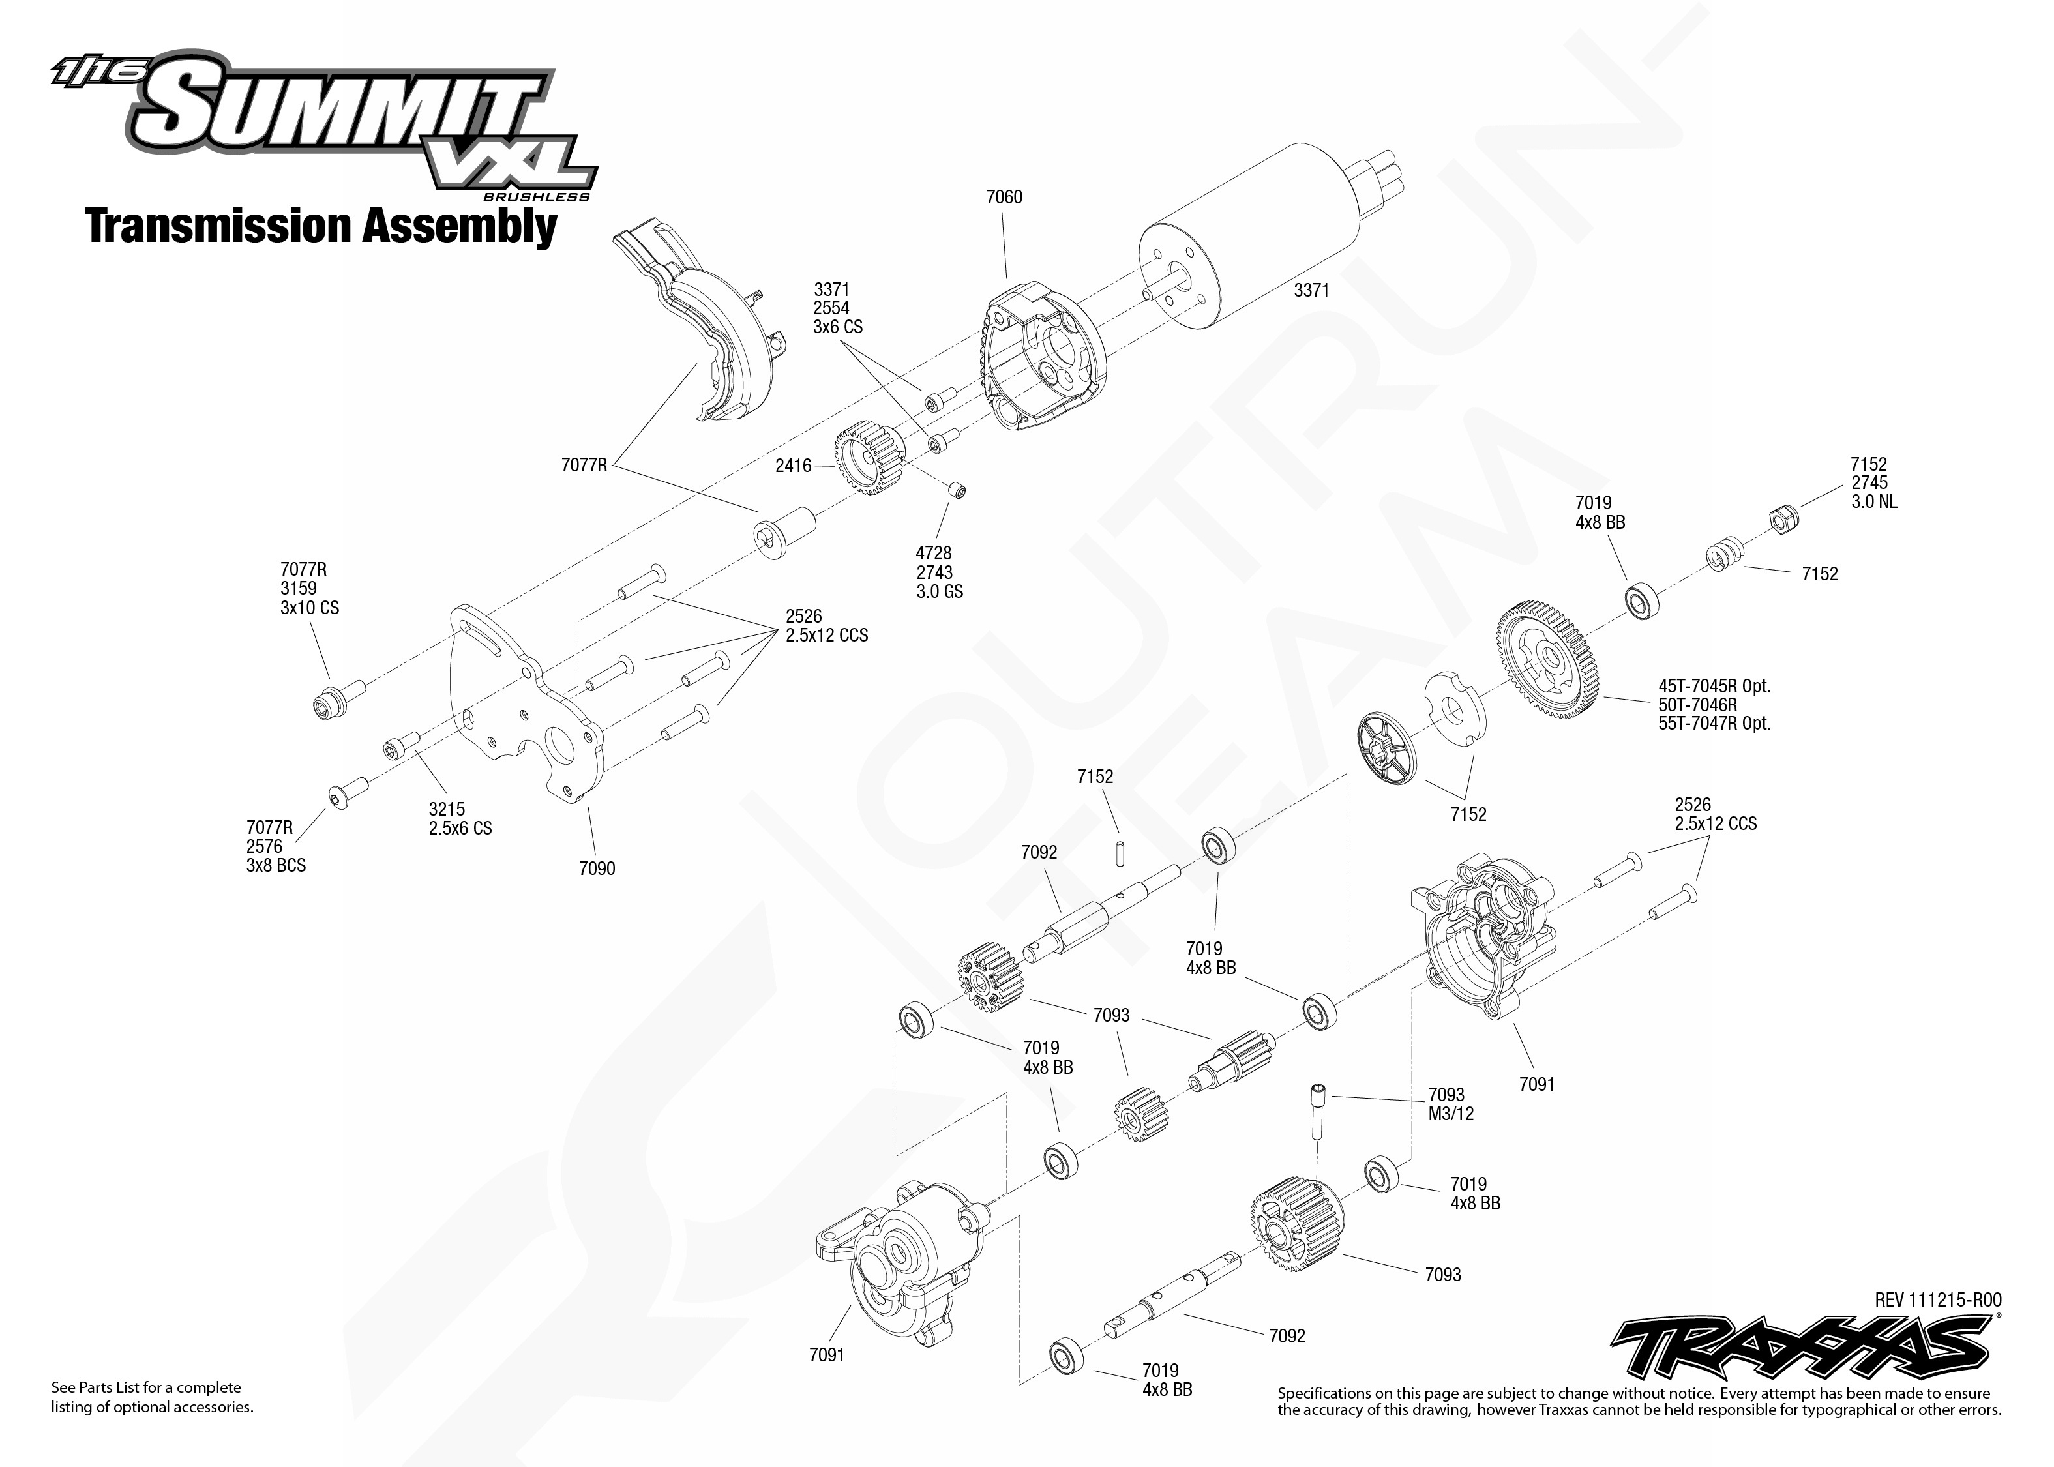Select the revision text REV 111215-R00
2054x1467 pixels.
click(x=1937, y=1300)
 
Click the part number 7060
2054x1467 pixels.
click(x=1004, y=197)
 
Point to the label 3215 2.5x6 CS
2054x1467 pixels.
click(x=460, y=818)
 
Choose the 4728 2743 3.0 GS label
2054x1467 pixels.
click(x=940, y=572)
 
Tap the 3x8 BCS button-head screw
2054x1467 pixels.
click(x=348, y=792)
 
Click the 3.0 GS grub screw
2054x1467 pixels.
click(x=957, y=490)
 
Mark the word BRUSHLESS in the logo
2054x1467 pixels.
click(x=537, y=197)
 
